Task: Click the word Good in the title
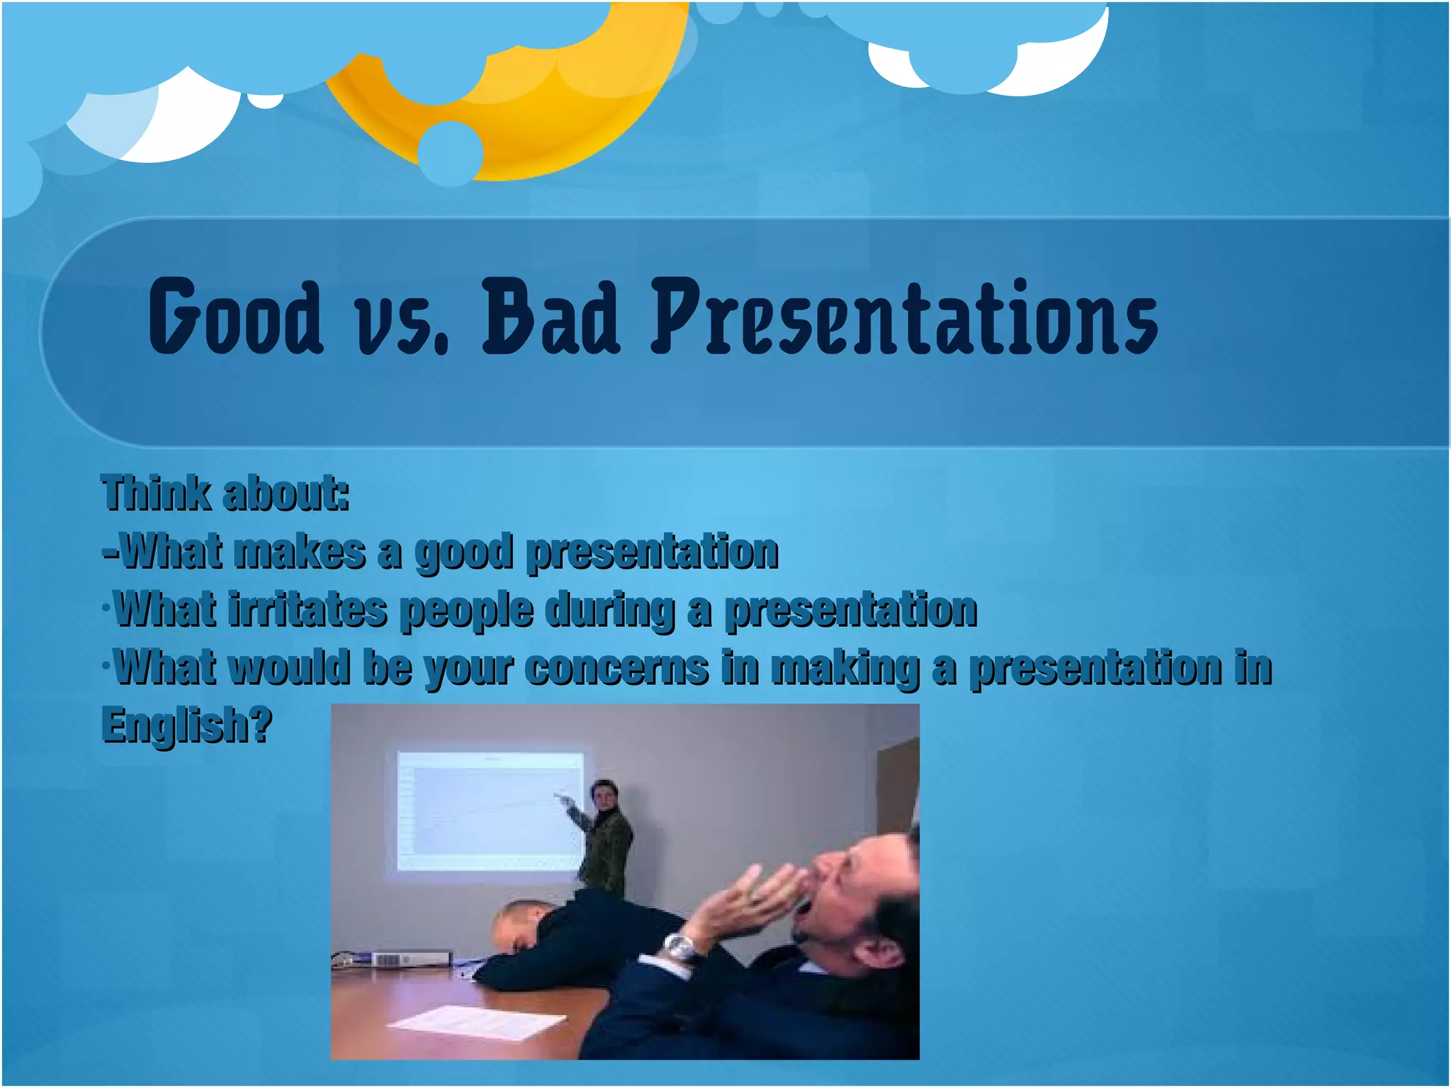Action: pos(235,317)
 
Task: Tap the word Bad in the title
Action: pos(551,317)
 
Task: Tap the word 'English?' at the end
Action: pos(187,725)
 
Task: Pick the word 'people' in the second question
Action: pos(466,611)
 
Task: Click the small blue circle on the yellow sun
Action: pos(451,152)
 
